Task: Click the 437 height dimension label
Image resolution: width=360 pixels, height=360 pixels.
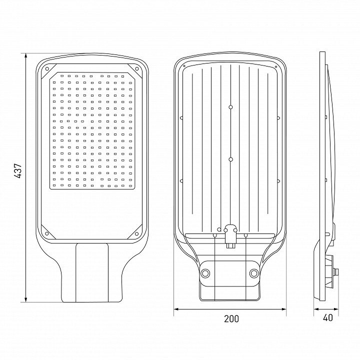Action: tap(18, 171)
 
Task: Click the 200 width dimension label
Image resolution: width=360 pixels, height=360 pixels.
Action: tap(231, 318)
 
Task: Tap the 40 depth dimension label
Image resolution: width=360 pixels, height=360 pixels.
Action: tap(327, 317)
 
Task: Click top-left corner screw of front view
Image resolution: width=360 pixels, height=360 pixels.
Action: tap(47, 68)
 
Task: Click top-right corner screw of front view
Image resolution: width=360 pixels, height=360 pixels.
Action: tap(137, 68)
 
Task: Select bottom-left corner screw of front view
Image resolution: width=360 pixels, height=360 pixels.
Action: tap(47, 233)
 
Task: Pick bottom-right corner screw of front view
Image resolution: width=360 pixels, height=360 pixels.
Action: tap(137, 233)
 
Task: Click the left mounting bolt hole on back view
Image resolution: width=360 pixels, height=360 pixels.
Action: tap(205, 273)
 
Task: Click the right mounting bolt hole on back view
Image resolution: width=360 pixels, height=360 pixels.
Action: tap(254, 273)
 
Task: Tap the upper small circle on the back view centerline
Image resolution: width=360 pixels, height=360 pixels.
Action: tap(230, 107)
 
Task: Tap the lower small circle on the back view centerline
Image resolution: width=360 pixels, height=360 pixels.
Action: tap(230, 159)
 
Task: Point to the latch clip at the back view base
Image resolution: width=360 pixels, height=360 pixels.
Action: tap(230, 236)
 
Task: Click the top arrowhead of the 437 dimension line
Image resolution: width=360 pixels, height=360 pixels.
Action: tap(25, 56)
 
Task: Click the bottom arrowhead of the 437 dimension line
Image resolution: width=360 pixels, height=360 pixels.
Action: tap(25, 299)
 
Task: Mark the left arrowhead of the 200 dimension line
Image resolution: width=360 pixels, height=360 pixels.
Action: tap(176, 309)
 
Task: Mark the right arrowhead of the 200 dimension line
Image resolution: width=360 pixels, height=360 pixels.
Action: tap(283, 309)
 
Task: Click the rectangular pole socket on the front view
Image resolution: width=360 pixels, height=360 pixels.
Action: tap(92, 273)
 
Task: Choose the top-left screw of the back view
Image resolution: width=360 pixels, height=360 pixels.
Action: tap(184, 66)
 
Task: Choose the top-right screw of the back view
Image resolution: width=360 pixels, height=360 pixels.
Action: tap(275, 67)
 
